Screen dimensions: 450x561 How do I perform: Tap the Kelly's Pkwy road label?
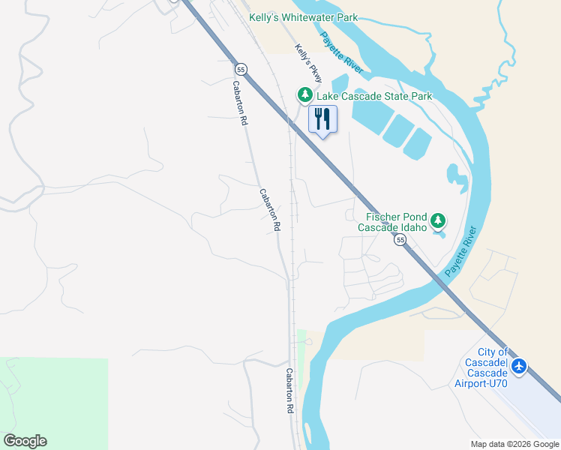pyautogui.click(x=308, y=63)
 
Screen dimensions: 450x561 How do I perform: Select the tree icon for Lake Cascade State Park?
pyautogui.click(x=304, y=94)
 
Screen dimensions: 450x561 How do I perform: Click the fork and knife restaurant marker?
pyautogui.click(x=322, y=119)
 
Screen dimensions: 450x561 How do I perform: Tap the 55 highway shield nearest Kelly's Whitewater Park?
pyautogui.click(x=240, y=69)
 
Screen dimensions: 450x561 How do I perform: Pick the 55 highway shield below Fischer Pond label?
pyautogui.click(x=400, y=240)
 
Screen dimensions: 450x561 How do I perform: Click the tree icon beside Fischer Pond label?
pyautogui.click(x=439, y=220)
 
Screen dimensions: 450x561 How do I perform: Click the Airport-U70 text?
pyautogui.click(x=481, y=384)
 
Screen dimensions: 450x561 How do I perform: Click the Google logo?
pyautogui.click(x=25, y=441)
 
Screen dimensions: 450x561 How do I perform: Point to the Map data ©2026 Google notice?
pyautogui.click(x=514, y=444)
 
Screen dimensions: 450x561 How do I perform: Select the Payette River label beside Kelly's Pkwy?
pyautogui.click(x=342, y=53)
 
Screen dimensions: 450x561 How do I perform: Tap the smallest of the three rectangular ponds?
pyautogui.click(x=417, y=143)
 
